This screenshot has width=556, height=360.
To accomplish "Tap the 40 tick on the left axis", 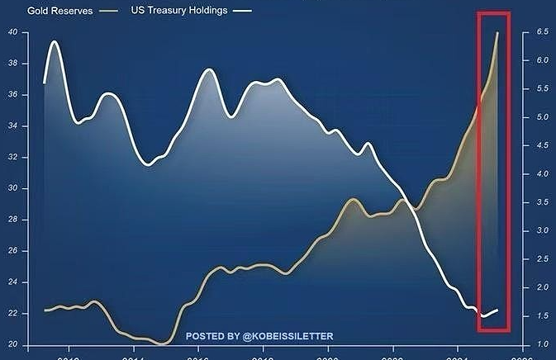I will tap(12, 32).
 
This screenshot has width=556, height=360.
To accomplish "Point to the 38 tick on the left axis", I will tap(12, 64).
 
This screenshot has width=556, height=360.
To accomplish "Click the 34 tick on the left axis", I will tap(12, 126).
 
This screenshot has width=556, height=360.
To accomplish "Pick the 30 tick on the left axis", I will tap(12, 189).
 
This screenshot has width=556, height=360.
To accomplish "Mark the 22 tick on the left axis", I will tap(12, 315).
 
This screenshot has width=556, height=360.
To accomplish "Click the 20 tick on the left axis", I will tap(12, 344).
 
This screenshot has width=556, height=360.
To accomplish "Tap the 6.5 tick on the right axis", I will tap(542, 31).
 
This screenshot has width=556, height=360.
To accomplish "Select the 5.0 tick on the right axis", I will tap(542, 117).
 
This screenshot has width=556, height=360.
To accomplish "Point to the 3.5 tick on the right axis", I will tap(542, 202).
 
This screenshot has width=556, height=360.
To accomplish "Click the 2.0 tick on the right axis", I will tap(542, 287).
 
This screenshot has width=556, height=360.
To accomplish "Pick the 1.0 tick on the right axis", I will tap(542, 343).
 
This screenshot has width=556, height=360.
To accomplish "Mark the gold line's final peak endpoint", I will tap(497, 33).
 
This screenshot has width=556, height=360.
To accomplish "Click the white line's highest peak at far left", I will tap(55, 41).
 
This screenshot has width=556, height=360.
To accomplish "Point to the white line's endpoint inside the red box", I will tap(497, 310).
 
